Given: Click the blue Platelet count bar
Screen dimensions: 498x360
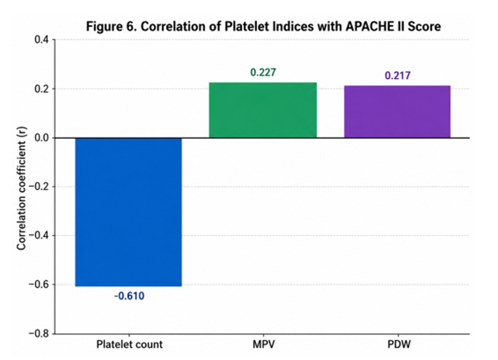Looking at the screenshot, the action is [128, 212].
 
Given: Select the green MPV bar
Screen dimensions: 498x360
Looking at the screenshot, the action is [263, 110].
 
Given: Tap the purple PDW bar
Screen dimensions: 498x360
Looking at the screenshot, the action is [397, 112].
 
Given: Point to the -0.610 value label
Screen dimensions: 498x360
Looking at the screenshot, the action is [129, 296].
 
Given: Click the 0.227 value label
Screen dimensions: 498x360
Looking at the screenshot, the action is [263, 72].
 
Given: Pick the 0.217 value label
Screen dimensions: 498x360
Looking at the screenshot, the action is [398, 76].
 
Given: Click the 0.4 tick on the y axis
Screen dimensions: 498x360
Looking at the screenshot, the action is [41, 40].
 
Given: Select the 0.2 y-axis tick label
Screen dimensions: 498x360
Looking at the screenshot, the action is [41, 89].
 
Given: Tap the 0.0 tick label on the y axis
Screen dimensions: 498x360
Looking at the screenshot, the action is [41, 138].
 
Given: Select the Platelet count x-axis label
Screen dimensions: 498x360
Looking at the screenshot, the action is [129, 344].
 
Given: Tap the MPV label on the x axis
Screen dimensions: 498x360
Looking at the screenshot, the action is [263, 344].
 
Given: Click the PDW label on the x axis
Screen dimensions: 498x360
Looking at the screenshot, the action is [399, 344].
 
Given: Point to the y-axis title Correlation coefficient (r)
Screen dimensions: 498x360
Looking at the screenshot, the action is [21, 188].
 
